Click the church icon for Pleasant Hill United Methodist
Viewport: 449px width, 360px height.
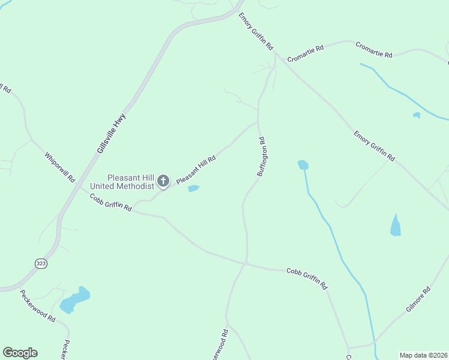[163, 181]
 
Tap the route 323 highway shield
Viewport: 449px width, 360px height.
[41, 263]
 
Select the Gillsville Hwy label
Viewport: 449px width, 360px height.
[110, 133]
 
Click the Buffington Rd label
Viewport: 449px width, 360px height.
[262, 157]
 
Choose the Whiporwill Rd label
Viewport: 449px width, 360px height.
[59, 167]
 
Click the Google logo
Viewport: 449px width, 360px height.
[20, 353]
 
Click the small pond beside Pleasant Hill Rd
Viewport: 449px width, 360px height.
[193, 188]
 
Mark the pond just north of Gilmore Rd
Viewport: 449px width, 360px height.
[396, 226]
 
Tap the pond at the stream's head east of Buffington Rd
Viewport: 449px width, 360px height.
[303, 164]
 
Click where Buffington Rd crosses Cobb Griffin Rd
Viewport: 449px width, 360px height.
[246, 263]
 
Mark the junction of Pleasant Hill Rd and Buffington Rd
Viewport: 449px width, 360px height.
[258, 122]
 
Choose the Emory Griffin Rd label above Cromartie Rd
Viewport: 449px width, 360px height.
[256, 31]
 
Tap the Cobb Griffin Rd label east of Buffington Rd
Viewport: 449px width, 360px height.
[306, 277]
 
